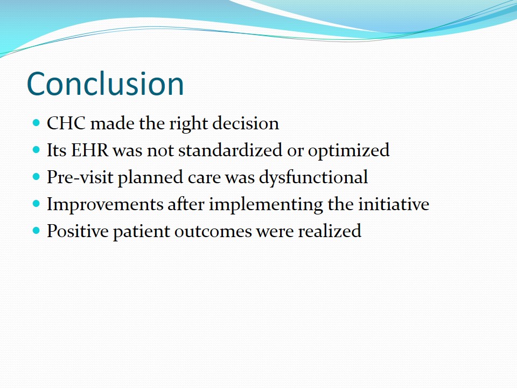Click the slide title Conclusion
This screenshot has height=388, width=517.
[105, 84]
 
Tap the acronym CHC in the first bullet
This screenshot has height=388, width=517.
[66, 123]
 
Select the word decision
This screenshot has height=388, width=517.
[246, 123]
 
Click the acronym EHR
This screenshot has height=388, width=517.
[90, 150]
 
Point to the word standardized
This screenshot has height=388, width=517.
[230, 150]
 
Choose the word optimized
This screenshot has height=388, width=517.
[349, 151]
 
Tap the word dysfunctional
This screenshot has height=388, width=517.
[313, 177]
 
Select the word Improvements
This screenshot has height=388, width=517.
[105, 204]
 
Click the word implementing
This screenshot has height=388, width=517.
[266, 204]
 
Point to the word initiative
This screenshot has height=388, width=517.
[394, 204]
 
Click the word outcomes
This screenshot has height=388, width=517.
[213, 231]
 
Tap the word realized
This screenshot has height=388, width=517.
[330, 231]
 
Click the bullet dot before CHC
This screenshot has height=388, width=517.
[36, 123]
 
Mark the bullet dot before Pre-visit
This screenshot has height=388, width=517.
[36, 177]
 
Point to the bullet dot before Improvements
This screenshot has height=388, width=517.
[36, 204]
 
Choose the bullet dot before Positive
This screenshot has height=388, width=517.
[36, 231]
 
